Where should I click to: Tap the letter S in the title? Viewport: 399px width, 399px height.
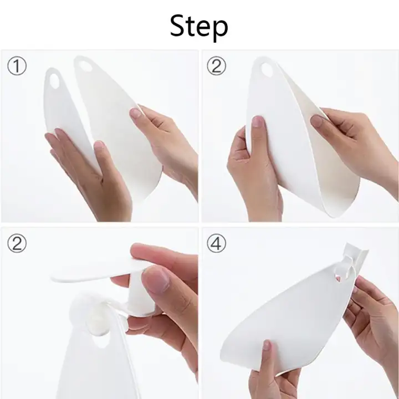pos(178,25)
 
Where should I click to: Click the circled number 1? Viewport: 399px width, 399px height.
pos(17,65)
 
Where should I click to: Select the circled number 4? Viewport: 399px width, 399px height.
pos(216,243)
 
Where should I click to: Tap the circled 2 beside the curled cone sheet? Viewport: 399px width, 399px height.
pos(216,65)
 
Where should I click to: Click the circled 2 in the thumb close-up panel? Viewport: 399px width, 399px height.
pos(17,243)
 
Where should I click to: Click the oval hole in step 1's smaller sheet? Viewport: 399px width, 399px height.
pos(54,81)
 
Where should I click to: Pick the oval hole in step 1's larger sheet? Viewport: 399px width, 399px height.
pos(84,66)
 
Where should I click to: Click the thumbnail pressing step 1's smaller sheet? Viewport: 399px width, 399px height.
pos(99,145)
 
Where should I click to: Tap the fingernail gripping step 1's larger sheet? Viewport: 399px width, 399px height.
pos(135,112)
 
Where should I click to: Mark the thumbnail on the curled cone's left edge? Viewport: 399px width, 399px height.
pos(258,121)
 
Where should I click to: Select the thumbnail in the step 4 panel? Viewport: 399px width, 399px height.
pos(266,344)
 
